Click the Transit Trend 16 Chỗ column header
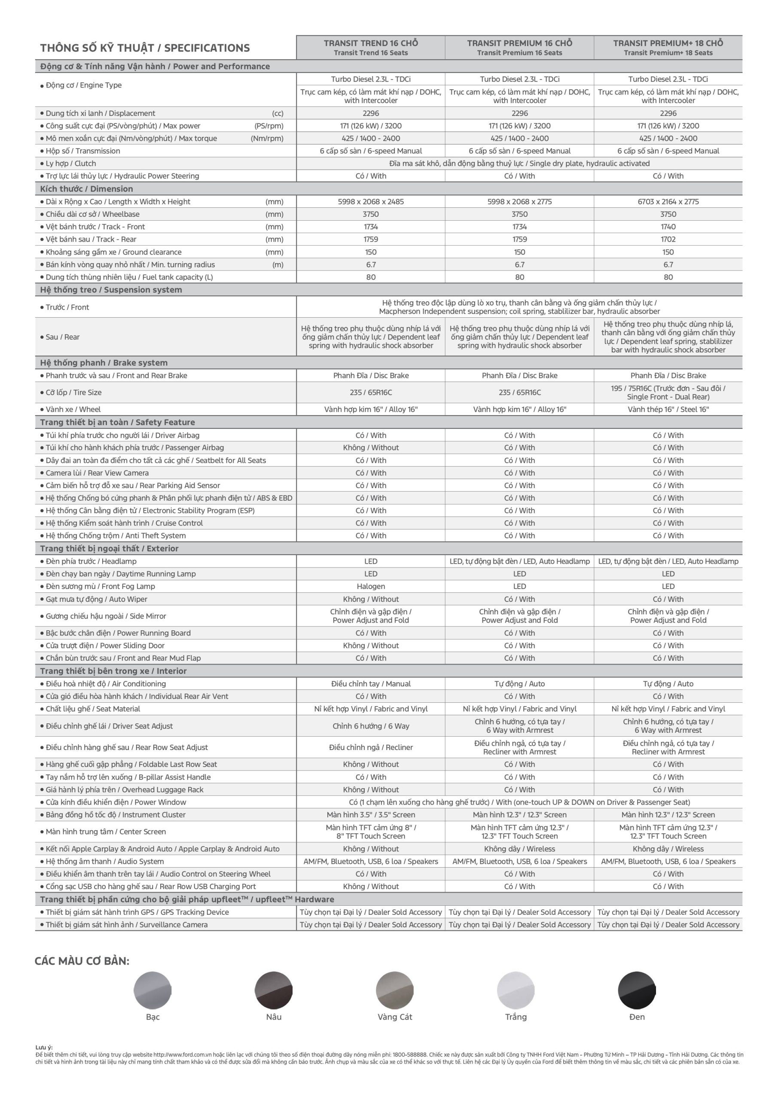click(x=370, y=47)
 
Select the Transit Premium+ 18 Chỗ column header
click(x=668, y=47)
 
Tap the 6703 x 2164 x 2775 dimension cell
click(x=668, y=201)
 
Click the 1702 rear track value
click(x=668, y=239)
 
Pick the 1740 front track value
click(x=668, y=227)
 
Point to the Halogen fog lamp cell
click(x=370, y=586)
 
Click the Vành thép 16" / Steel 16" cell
click(x=668, y=409)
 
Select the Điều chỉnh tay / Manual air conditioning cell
click(x=370, y=683)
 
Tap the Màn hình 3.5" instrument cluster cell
click(x=370, y=815)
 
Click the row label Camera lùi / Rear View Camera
click(x=97, y=473)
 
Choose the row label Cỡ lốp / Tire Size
click(x=73, y=392)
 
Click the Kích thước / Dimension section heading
click(x=86, y=188)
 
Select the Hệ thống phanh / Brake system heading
click(x=104, y=363)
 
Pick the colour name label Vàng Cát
click(x=395, y=1017)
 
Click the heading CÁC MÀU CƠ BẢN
click(x=82, y=961)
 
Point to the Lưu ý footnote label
click(x=43, y=1048)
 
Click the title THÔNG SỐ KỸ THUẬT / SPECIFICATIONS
click(x=145, y=48)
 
